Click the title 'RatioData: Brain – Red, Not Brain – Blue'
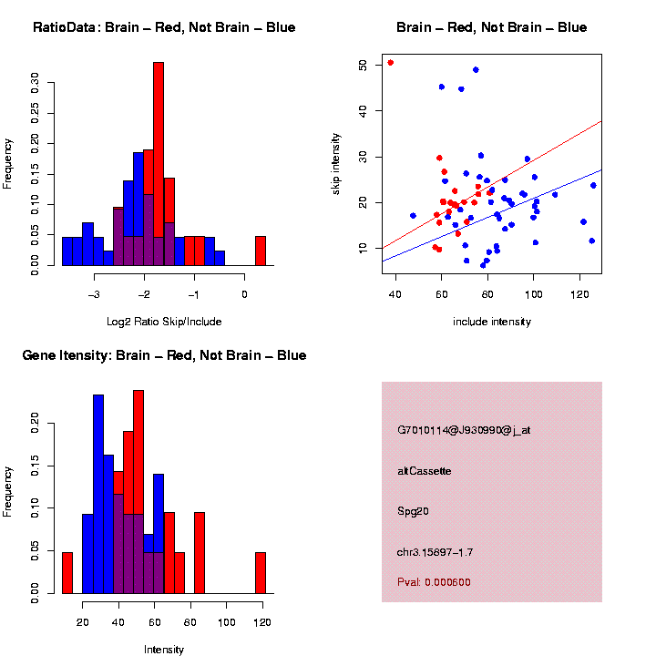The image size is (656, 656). click(x=164, y=27)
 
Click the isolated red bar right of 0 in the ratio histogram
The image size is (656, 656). click(x=260, y=251)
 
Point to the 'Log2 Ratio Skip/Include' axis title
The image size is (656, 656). click(x=164, y=321)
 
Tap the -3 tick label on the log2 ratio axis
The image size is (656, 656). click(x=94, y=294)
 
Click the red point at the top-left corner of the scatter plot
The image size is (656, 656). click(x=391, y=63)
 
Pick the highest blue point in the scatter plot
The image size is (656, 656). click(x=476, y=69)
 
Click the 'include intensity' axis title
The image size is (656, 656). click(x=492, y=322)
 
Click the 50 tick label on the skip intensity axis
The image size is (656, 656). click(x=362, y=65)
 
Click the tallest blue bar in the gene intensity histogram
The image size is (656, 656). click(x=98, y=456)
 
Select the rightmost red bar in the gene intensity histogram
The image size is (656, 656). click(x=260, y=573)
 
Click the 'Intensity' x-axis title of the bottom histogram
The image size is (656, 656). click(x=164, y=650)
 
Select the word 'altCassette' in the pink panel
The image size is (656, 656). click(x=425, y=471)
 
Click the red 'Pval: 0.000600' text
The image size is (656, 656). click(x=434, y=582)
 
